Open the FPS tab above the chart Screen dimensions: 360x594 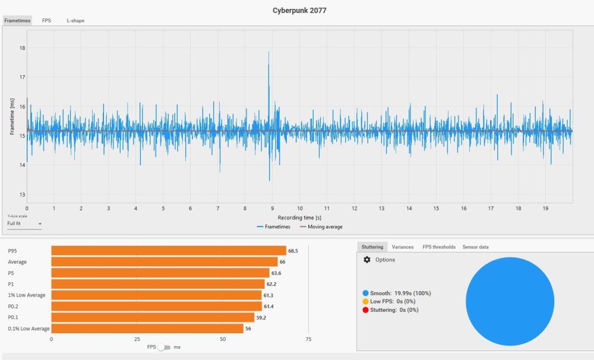(46, 21)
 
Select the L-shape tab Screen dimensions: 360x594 (75, 21)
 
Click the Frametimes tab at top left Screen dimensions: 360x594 (17, 21)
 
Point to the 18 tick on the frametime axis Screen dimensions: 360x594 (23, 48)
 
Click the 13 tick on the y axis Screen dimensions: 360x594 (23, 194)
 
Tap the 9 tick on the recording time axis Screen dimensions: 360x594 (272, 209)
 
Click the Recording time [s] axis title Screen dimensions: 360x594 (299, 217)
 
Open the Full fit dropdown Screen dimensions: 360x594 (24, 224)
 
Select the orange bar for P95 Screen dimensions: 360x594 (169, 251)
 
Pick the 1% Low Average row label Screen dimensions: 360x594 (27, 295)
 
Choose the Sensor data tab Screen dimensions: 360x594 (475, 247)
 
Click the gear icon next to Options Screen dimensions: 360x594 (366, 260)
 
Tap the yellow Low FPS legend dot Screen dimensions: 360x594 (365, 302)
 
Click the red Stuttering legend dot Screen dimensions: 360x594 (365, 310)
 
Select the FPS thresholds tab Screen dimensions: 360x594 (439, 247)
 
